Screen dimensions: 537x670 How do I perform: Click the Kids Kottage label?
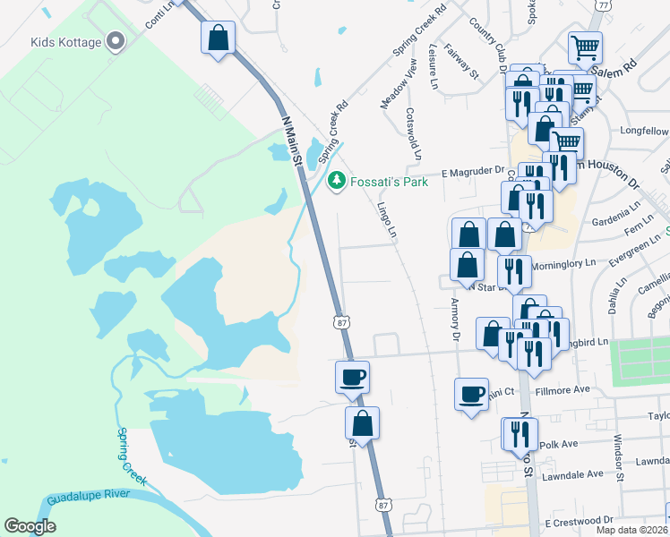67,42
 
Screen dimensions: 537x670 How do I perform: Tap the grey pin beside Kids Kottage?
116,41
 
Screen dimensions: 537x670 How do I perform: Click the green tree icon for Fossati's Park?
337,181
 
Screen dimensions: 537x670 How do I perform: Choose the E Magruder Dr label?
472,170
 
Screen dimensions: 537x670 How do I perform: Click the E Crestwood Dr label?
579,520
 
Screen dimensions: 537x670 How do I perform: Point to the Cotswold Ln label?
413,134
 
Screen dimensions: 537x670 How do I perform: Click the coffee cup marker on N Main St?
352,377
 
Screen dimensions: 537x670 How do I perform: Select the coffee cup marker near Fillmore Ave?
471,394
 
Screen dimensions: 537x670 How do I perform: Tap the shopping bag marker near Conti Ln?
218,38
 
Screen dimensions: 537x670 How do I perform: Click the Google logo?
30,525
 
